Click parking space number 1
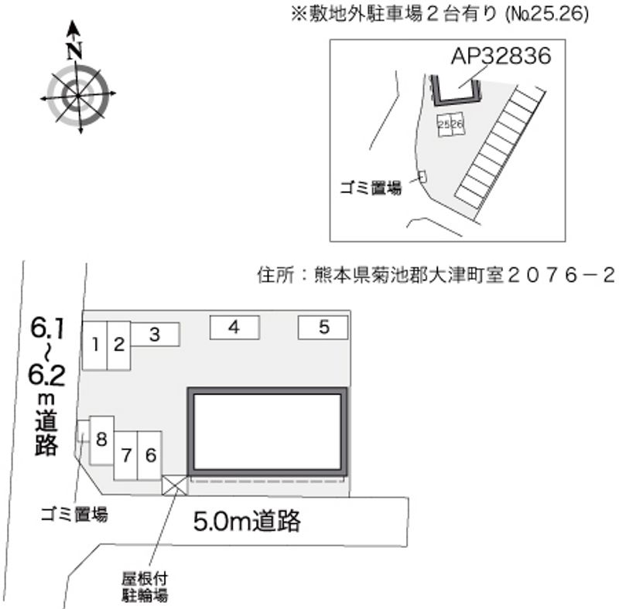pos(94,345)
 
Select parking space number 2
pos(119,345)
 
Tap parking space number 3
pos(156,335)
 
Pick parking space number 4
pos(234,328)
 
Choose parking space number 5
pos(323,328)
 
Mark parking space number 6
pos(149,455)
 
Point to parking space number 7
pos(125,455)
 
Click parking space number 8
pos(102,440)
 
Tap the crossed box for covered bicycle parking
pos(174,485)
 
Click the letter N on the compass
pos(74,50)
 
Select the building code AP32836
pos(501,56)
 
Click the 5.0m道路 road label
pos(247,521)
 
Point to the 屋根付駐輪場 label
pos(145,587)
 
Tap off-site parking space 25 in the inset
pos(444,125)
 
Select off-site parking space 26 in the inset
pos(457,124)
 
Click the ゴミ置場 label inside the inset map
pos(371,188)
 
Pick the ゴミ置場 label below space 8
pos(74,515)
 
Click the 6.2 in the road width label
pos(46,375)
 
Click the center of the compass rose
pos(78,95)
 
